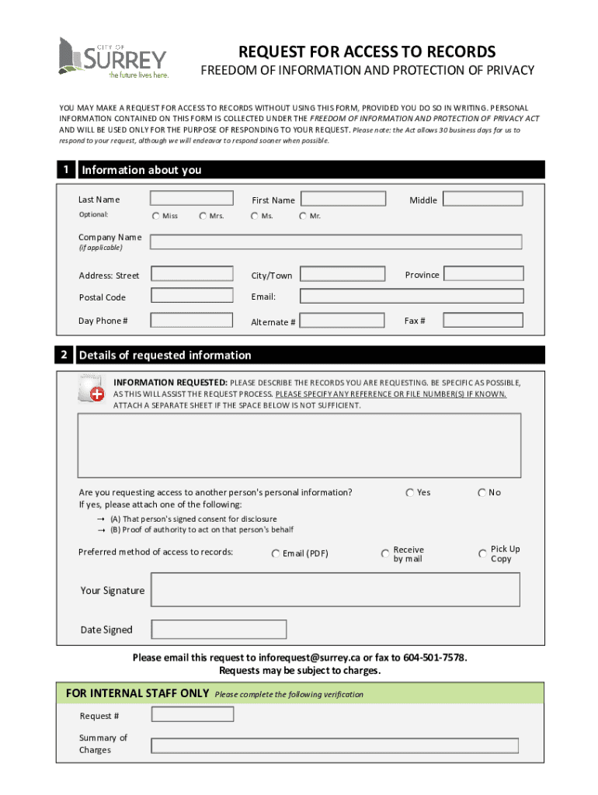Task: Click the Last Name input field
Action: [x=192, y=199]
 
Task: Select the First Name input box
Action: [x=343, y=199]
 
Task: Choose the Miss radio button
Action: [x=156, y=216]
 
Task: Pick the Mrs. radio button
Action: [x=203, y=216]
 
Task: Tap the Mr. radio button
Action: [x=303, y=216]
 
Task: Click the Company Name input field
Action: [x=336, y=241]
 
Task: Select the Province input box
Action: [x=483, y=274]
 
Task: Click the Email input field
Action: [x=411, y=296]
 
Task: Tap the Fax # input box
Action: [x=483, y=320]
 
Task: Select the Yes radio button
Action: [x=409, y=492]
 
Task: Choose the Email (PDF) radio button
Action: [x=276, y=554]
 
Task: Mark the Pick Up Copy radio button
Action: [x=482, y=554]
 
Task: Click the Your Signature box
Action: [x=335, y=589]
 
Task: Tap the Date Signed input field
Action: [x=219, y=629]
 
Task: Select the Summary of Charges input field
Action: [x=335, y=745]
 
